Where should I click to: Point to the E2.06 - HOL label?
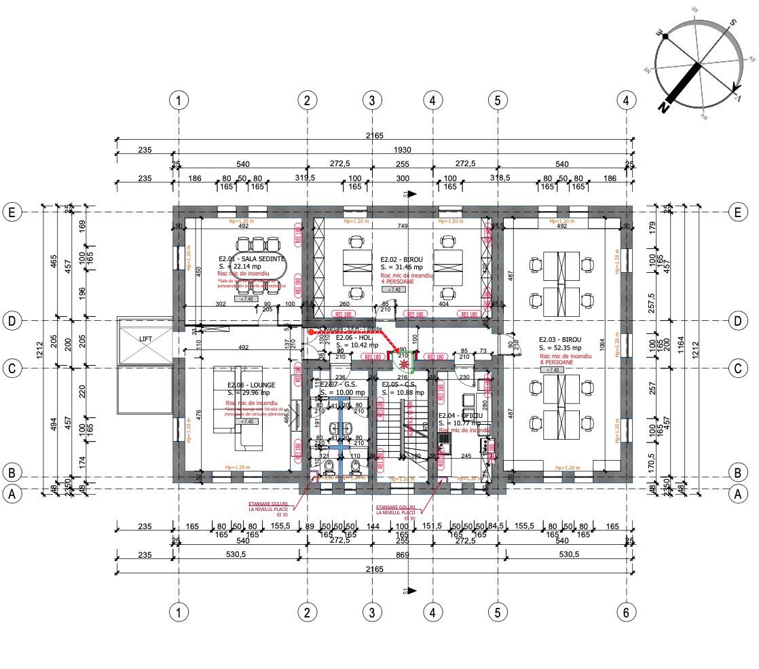pyautogui.click(x=354, y=337)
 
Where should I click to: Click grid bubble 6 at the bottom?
pyautogui.click(x=627, y=612)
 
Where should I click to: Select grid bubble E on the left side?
pyautogui.click(x=11, y=212)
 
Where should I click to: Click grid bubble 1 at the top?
pyautogui.click(x=178, y=100)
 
